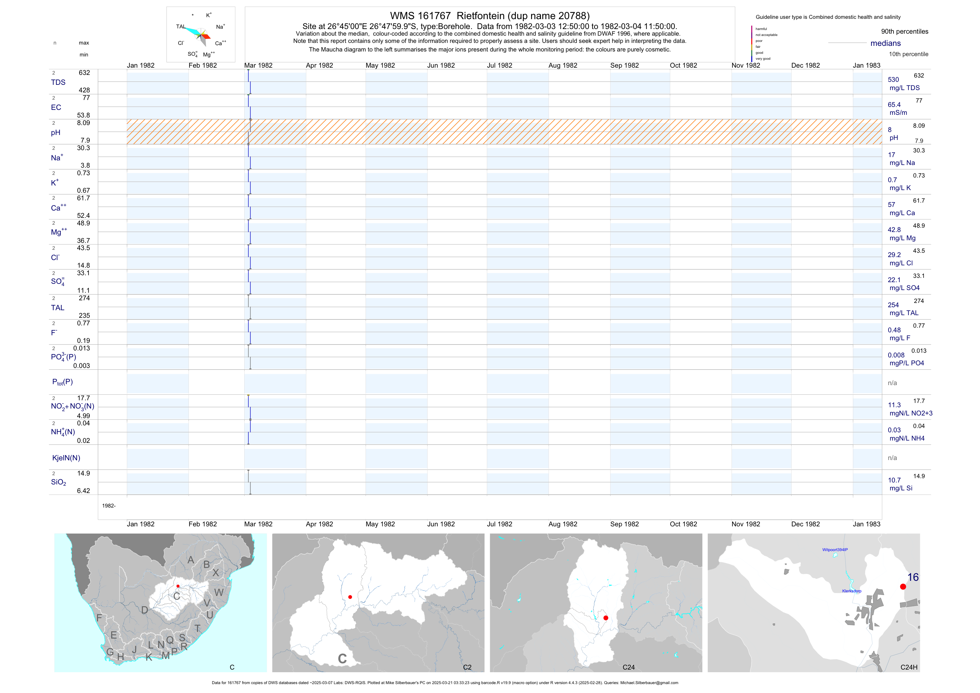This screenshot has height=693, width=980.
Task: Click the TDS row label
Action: (x=58, y=82)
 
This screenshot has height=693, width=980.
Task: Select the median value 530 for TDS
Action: (x=893, y=80)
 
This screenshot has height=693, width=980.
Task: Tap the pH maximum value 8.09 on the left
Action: (x=83, y=123)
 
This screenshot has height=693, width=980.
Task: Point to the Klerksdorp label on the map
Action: (x=852, y=591)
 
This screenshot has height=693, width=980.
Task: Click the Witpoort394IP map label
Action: (x=835, y=550)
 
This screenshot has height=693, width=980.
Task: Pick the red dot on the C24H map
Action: (x=903, y=587)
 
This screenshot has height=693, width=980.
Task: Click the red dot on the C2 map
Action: (x=350, y=597)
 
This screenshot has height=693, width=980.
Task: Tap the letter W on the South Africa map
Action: (x=219, y=593)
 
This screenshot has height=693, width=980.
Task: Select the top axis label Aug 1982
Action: (x=562, y=66)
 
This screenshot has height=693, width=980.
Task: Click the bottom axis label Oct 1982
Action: (x=683, y=524)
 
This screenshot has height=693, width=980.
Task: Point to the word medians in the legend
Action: (x=885, y=43)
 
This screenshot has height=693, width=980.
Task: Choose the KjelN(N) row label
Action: (x=66, y=458)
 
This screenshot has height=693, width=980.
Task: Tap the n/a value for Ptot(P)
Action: (x=892, y=383)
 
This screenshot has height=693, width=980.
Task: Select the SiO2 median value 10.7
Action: (x=894, y=480)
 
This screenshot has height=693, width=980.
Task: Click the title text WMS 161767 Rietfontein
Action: (x=490, y=16)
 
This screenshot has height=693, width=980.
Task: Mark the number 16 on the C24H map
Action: (x=913, y=577)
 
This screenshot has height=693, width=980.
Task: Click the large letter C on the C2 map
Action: (x=342, y=659)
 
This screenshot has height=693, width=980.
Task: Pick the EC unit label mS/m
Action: (x=898, y=113)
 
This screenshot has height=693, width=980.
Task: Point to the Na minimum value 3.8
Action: (x=85, y=166)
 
